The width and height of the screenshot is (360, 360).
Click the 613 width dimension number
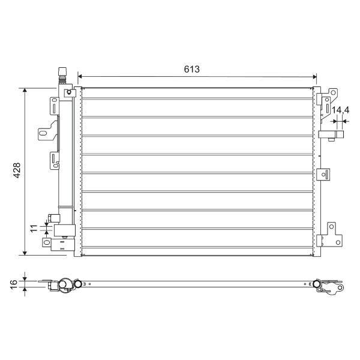click(x=192, y=69)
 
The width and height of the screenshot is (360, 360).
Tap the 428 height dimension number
click(x=17, y=170)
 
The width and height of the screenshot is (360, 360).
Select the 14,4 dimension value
click(x=340, y=110)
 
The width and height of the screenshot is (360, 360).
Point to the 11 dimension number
click(x=34, y=229)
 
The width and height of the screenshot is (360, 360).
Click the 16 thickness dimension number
click(x=14, y=284)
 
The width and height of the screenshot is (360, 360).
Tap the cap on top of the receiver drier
click(x=62, y=71)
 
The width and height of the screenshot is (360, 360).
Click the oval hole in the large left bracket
click(x=43, y=133)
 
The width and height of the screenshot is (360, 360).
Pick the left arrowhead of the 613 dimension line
click(x=80, y=76)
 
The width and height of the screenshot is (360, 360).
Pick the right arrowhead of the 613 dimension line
click(x=314, y=77)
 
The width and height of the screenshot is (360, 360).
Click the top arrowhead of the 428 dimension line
click(x=25, y=90)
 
